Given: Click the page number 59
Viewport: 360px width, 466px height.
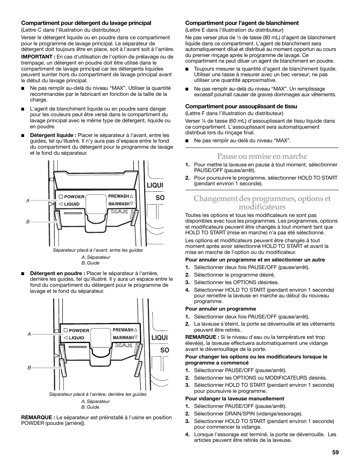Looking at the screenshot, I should (335, 452).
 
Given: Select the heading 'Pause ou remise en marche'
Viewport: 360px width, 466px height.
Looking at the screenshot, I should (262, 156).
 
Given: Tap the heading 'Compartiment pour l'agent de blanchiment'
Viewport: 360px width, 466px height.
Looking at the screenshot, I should (242, 23).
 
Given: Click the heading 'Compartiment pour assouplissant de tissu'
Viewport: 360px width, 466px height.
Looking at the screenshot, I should (241, 106).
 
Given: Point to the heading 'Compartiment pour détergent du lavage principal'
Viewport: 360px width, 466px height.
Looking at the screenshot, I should (86, 23).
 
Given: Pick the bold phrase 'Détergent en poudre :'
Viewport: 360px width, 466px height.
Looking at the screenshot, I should (57, 274).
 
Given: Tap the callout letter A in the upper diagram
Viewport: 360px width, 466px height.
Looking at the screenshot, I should (28, 201).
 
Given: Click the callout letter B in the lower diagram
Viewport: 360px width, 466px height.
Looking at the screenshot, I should (29, 368).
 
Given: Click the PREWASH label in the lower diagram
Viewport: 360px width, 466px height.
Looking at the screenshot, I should (123, 330).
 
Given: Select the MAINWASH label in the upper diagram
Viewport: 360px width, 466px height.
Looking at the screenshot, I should (119, 204).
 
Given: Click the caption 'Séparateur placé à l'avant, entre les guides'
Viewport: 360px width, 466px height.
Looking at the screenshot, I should (98, 250).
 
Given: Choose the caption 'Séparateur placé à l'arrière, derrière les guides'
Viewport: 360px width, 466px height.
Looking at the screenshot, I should (98, 394).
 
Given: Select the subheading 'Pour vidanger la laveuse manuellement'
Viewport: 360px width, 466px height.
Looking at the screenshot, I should (234, 398).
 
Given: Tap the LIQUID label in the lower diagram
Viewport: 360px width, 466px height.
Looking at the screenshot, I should (77, 338).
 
